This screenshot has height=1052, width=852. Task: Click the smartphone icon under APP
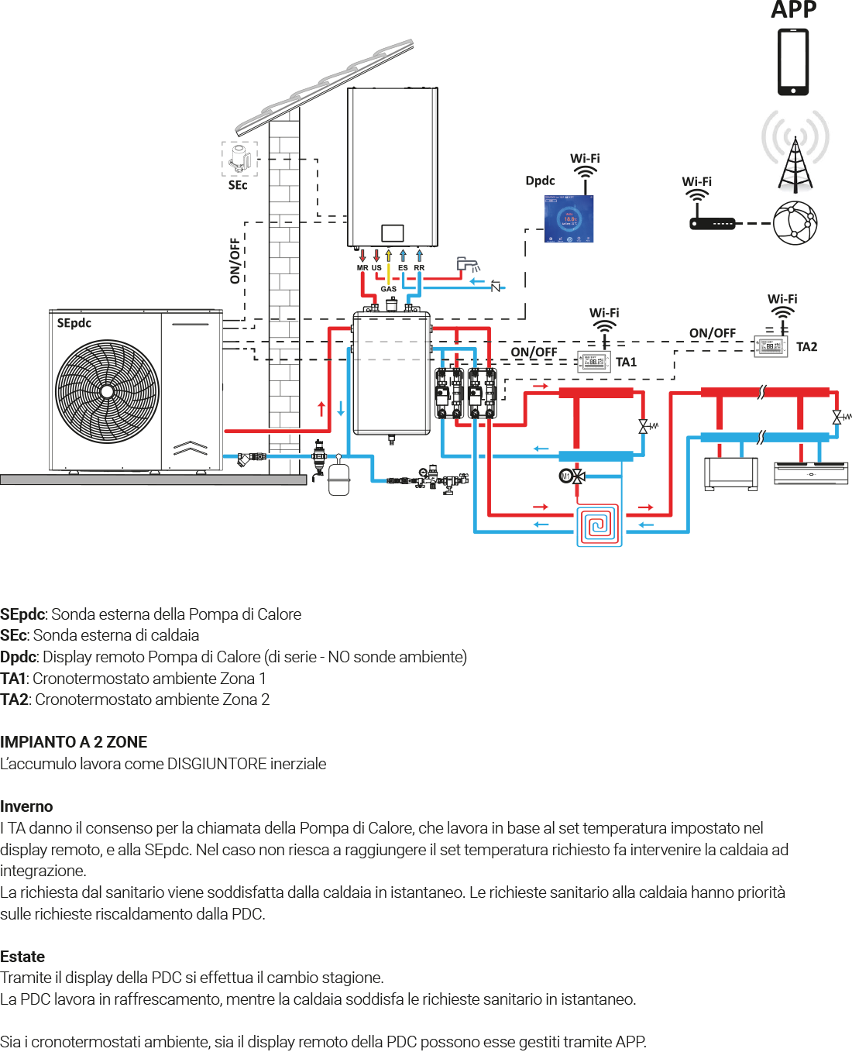coord(793,62)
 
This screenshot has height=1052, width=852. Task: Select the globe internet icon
coord(795,222)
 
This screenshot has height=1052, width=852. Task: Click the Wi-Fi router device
coord(712,224)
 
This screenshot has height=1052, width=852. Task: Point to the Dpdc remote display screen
coord(569,218)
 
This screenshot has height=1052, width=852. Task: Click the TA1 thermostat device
coord(594,362)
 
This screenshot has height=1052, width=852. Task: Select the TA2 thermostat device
coord(771,346)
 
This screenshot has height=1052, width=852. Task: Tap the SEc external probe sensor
coord(239,158)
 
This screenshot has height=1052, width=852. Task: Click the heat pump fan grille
coord(107,391)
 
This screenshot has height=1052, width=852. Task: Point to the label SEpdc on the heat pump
coord(74,323)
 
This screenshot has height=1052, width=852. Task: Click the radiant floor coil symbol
coord(598,526)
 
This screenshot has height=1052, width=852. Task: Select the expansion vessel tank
coord(339,478)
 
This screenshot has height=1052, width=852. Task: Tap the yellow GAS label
coord(388,289)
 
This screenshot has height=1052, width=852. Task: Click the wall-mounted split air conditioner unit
coord(811,473)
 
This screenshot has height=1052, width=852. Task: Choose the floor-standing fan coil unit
coord(730,473)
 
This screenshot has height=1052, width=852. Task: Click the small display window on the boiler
coord(392,232)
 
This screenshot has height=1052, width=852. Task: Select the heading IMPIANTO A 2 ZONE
coord(74,742)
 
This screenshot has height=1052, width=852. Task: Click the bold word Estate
coord(22,957)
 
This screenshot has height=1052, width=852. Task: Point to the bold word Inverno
coord(26,806)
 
